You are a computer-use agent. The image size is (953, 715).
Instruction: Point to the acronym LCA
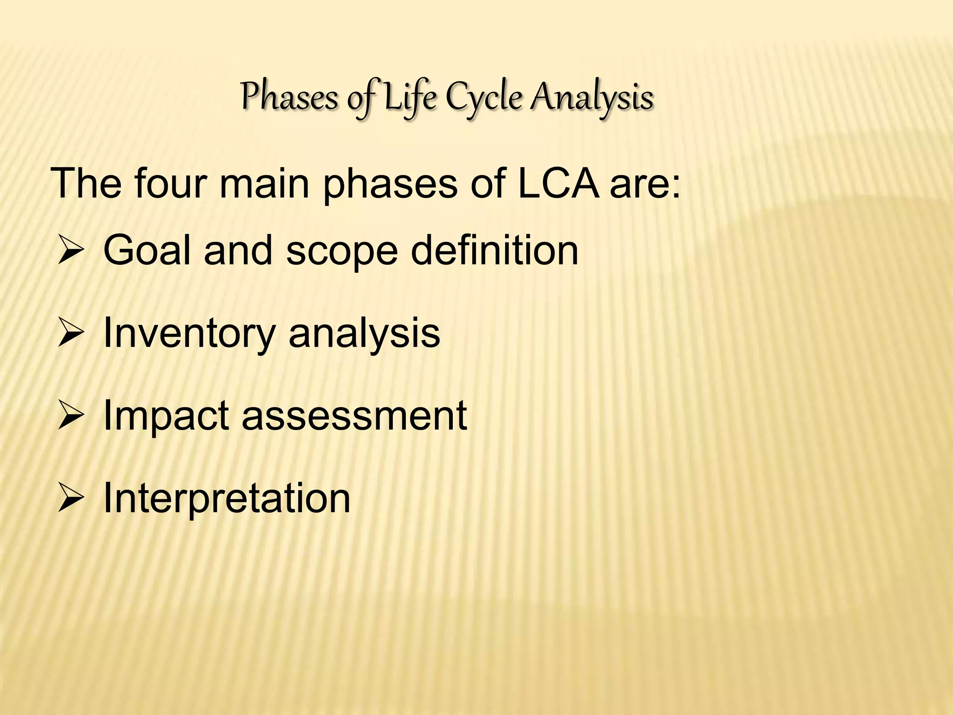tap(558, 183)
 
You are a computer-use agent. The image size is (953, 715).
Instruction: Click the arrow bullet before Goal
tap(70, 251)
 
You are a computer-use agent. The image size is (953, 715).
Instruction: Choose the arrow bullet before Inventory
tap(70, 333)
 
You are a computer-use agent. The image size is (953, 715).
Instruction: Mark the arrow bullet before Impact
tap(70, 416)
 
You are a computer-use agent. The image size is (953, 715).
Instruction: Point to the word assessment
tap(354, 416)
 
